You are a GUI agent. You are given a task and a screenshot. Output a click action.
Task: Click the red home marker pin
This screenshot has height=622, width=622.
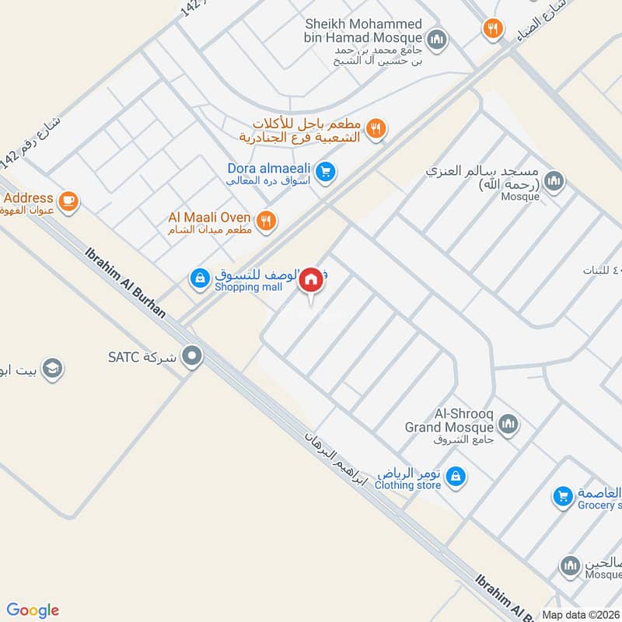pyautogui.click(x=311, y=281)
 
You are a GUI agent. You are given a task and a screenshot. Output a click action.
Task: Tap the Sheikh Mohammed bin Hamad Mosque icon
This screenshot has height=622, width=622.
pyautogui.click(x=437, y=37)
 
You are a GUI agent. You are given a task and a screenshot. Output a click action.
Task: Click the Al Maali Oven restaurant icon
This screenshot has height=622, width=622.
pyautogui.click(x=266, y=221)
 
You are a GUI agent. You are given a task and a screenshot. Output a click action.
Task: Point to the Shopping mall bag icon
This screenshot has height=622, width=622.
pyautogui.click(x=200, y=277)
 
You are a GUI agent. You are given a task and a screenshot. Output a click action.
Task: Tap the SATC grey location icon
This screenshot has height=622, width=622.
pyautogui.click(x=191, y=357)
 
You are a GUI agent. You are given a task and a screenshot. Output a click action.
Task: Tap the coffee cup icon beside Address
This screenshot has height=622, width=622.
pyautogui.click(x=68, y=201)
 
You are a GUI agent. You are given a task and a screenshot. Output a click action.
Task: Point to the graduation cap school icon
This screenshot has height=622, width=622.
pyautogui.click(x=52, y=367)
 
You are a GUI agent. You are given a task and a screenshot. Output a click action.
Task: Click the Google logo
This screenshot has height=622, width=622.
pyautogui.click(x=33, y=610)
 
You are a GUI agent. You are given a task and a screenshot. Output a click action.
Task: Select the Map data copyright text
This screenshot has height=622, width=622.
pyautogui.click(x=582, y=614)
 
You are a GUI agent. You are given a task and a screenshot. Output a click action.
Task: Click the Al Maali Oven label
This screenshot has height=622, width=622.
pyautogui.click(x=209, y=218)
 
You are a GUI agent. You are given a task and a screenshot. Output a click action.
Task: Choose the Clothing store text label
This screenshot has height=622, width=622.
pyautogui.click(x=407, y=485)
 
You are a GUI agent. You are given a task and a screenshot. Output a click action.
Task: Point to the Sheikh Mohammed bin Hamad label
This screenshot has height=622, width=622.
pyautogui.click(x=364, y=31)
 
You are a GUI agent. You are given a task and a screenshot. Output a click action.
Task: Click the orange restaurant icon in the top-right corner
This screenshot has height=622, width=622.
pyautogui.click(x=492, y=30)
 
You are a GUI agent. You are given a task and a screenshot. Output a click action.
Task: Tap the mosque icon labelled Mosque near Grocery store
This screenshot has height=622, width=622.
pyautogui.click(x=571, y=565)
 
